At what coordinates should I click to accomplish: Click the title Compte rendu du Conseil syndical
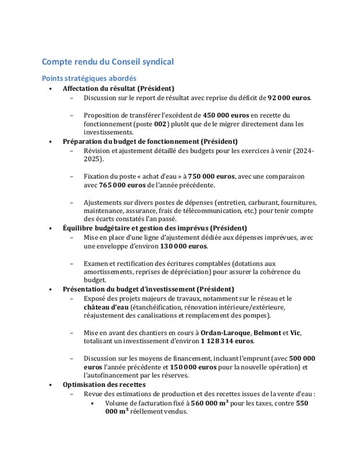coord(107,62)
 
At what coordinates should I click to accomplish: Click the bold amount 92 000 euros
coord(289,98)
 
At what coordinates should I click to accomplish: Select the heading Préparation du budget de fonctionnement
coord(150,142)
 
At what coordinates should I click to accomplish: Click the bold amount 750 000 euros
coord(211,176)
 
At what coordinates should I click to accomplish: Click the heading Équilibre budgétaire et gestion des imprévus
coord(154,228)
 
